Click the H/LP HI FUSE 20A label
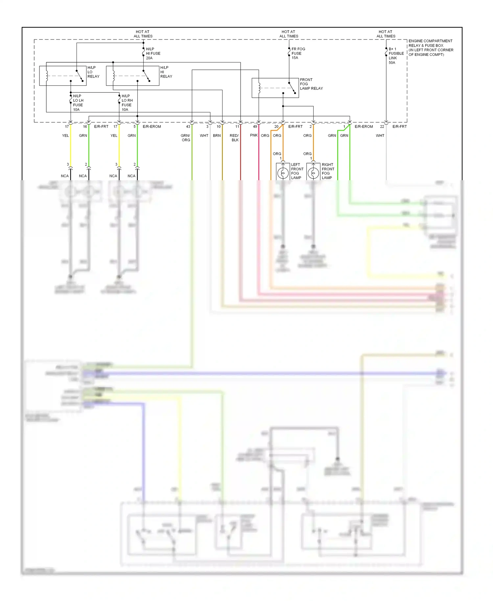pos(153,53)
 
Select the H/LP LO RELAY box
pos(63,76)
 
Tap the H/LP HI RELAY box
pos(132,76)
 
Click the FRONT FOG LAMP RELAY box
pos(275,88)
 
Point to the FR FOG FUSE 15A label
pos(298,53)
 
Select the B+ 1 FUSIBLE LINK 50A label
pos(396,56)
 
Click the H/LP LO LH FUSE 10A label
pos(78,103)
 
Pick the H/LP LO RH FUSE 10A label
pos(127,103)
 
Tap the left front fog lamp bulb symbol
pos(283,173)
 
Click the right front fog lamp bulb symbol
pos(313,173)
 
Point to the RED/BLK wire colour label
pos(234,137)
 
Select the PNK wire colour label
pos(254,135)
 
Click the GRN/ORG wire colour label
pos(185,137)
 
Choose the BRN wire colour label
pos(217,135)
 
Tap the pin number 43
pos(188,127)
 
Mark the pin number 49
pos(255,127)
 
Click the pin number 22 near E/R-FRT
pos(382,127)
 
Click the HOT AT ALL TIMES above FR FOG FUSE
pos(289,34)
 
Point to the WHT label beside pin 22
pos(380,135)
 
